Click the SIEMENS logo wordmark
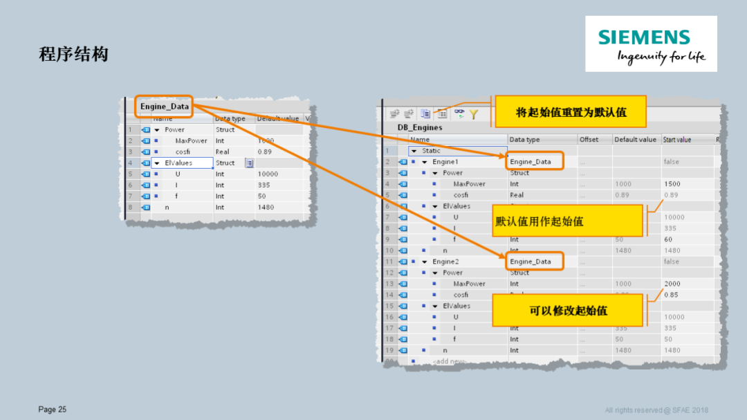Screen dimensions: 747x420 644,37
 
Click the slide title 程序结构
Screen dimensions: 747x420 73,55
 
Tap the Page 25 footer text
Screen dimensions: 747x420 53,410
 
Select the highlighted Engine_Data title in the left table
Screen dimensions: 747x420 164,107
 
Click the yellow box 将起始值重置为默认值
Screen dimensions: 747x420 571,111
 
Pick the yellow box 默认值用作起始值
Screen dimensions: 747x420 539,221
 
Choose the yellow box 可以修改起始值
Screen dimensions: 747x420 569,311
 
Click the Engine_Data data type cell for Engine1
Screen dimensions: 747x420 535,162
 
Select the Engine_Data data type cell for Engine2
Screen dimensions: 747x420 535,262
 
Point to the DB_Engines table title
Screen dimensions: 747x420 420,127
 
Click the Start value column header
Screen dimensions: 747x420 677,140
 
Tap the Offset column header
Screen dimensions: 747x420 589,140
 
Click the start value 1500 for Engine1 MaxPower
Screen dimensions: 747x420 672,184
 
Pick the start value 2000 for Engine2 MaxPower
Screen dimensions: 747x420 672,284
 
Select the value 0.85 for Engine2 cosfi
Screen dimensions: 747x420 671,295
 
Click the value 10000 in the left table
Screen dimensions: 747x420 268,174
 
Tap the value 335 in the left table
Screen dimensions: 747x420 263,185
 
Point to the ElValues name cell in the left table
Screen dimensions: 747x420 178,163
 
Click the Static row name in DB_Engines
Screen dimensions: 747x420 431,151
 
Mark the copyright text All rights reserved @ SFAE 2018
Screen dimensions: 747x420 656,410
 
